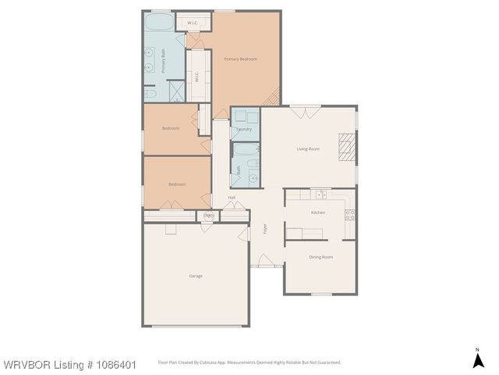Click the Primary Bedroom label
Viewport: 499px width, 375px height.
pos(240,59)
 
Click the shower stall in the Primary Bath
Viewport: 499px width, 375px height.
pos(176,92)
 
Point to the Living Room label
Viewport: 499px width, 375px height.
pos(308,148)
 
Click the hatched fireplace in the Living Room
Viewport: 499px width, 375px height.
pos(347,146)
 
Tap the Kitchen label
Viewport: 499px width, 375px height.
pos(318,212)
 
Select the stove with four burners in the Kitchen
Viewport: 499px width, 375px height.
pos(349,213)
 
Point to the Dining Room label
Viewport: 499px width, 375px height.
pos(320,257)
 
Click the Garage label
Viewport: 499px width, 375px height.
pos(196,276)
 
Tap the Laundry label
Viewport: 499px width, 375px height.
pos(244,129)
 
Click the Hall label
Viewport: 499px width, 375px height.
pos(232,198)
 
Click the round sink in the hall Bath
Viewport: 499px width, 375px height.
pos(253,177)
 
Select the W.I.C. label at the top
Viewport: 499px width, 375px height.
pos(193,23)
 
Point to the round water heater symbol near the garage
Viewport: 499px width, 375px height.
pos(208,216)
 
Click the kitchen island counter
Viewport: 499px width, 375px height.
pos(304,232)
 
